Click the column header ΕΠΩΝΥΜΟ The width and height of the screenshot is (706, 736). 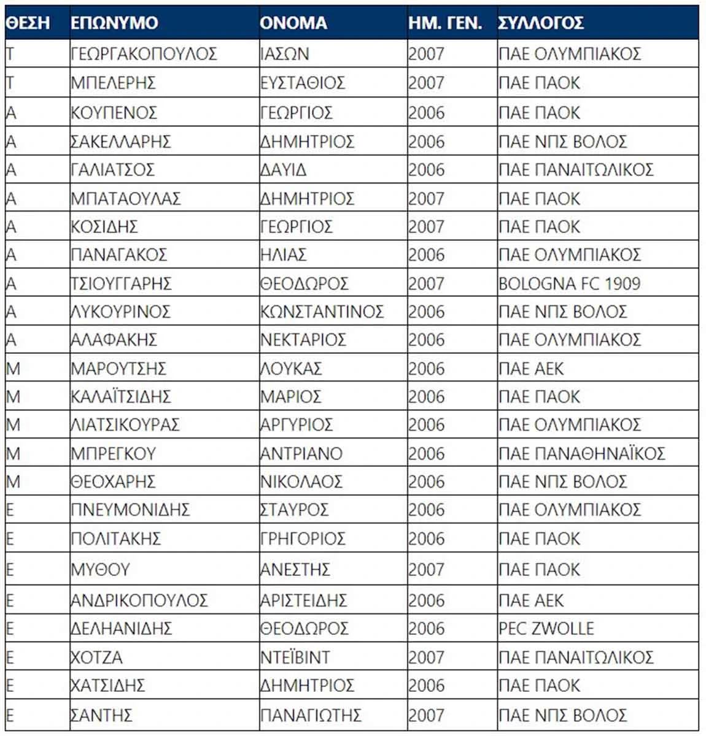(114, 23)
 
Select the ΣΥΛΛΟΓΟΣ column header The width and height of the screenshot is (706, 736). (541, 23)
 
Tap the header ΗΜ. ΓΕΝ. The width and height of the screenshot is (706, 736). (445, 23)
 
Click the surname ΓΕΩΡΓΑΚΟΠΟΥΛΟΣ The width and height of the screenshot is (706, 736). (144, 54)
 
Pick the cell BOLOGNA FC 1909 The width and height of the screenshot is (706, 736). (569, 284)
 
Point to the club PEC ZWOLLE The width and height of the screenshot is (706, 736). (546, 629)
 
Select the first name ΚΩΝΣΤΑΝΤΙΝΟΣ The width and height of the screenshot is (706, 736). (322, 312)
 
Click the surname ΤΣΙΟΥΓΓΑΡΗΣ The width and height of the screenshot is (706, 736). (121, 284)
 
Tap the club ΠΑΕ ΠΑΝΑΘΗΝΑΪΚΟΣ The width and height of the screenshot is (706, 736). (581, 454)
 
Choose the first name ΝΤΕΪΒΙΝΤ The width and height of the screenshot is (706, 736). (295, 657)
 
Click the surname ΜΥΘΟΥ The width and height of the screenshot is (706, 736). (100, 570)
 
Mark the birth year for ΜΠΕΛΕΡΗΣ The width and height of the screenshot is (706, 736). (426, 83)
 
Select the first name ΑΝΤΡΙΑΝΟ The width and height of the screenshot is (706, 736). (301, 454)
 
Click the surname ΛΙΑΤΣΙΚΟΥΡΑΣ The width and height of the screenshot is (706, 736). (125, 425)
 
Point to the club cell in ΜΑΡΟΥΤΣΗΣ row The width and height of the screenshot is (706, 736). (531, 369)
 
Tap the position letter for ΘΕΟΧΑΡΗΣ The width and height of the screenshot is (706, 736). (13, 482)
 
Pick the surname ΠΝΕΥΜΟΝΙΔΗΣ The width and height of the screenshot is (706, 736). (130, 510)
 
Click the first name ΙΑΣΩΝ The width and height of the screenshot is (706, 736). (284, 54)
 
